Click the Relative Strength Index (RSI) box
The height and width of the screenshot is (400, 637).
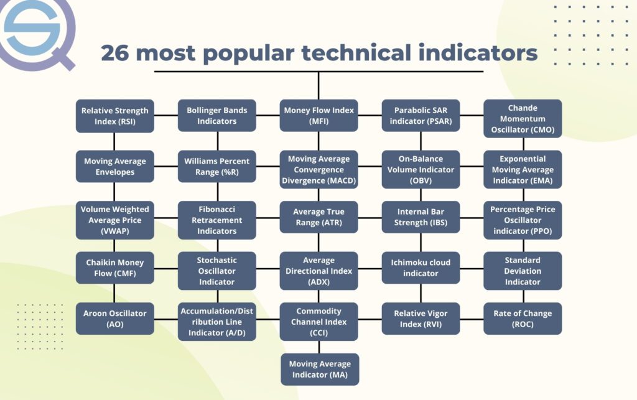(115, 116)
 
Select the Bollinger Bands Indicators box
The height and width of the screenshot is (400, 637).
(217, 116)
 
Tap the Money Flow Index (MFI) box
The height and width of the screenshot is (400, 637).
(319, 116)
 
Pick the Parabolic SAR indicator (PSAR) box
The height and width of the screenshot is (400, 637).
(421, 116)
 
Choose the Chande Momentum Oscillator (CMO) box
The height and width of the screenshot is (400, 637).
(523, 119)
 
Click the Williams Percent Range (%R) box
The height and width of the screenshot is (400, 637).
(217, 167)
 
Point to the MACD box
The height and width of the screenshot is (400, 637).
(319, 169)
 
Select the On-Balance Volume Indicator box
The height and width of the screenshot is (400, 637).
(421, 169)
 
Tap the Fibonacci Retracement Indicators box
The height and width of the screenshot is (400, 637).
(217, 220)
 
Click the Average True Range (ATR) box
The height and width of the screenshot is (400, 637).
(319, 217)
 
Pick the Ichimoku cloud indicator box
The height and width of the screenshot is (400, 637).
(421, 268)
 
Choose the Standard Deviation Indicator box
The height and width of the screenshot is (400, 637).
(523, 271)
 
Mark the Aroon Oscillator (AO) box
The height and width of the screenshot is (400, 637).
(115, 319)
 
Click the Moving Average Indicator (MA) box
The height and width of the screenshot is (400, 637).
(320, 370)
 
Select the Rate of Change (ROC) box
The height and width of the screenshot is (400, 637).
(523, 319)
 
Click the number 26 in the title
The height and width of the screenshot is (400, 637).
(115, 53)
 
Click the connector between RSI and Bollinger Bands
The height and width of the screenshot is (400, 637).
(166, 115)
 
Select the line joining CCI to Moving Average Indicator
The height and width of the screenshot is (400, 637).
(319, 347)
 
